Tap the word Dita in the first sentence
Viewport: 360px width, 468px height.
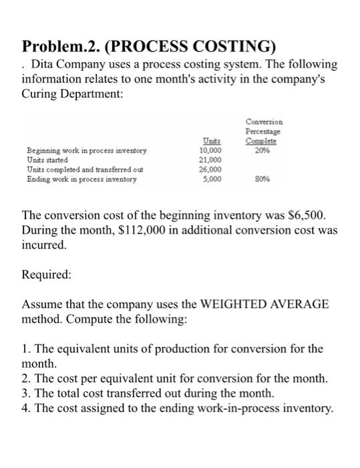tap(45, 65)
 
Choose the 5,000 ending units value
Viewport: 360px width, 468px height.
tap(212, 179)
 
